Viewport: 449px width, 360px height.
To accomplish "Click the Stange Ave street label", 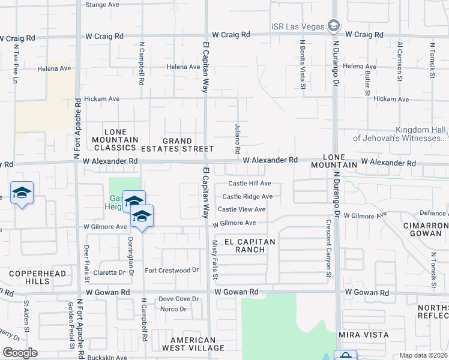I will click(103, 5).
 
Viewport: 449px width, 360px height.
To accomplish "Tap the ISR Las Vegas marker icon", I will click(334, 25).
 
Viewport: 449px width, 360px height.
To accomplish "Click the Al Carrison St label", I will click(399, 58).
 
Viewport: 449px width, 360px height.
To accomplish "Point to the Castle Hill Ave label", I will click(250, 184).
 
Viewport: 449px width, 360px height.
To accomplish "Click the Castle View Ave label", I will click(241, 209).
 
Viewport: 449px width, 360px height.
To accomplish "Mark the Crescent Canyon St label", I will click(328, 248).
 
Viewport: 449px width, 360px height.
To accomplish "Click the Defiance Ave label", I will click(433, 213).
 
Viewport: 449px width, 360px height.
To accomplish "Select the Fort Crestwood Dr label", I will click(171, 271).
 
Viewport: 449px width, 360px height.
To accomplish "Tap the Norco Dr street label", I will click(172, 310).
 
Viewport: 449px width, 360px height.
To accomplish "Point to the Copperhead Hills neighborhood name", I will click(29, 277).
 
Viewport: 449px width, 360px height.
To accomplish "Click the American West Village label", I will click(192, 344).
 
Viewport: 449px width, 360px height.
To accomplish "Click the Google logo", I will click(19, 353).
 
